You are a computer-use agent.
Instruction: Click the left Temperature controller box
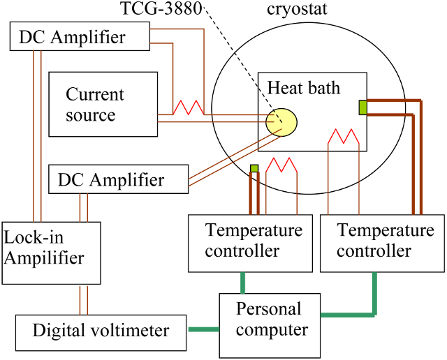250,242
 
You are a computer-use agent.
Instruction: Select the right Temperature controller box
382,242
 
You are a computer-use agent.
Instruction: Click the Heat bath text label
304,87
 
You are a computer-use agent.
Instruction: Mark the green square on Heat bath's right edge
362,107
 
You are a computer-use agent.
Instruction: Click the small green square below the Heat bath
254,167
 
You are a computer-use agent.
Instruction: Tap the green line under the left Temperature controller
242,282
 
